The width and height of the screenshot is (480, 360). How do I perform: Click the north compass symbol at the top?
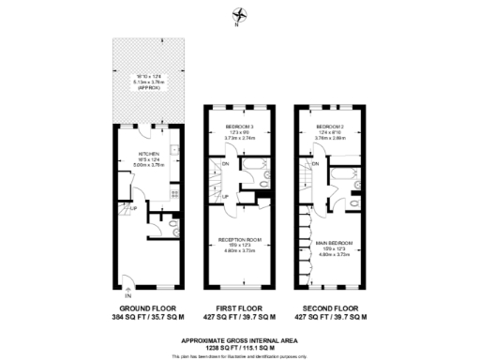coord(239,15)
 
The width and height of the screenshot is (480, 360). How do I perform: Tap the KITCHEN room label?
coord(149,154)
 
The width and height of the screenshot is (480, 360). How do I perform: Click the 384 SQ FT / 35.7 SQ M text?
coord(149,318)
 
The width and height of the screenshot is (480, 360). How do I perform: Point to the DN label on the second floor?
coord(315,164)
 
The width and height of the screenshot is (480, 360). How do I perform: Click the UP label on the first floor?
coord(226,195)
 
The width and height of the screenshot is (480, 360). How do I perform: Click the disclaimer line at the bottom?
coord(239,354)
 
